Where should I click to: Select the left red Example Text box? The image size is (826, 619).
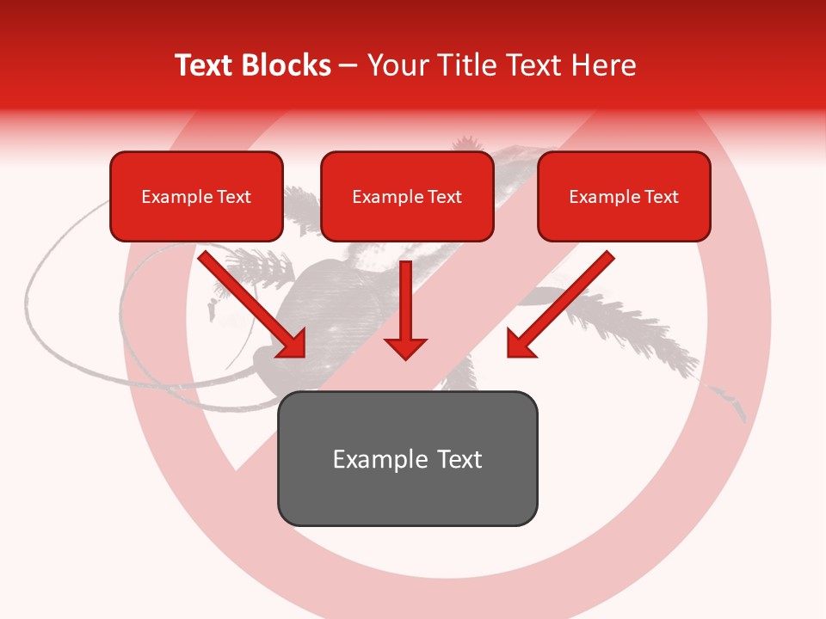(196, 196)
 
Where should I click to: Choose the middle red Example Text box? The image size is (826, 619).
(407, 196)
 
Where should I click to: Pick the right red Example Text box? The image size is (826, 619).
(624, 196)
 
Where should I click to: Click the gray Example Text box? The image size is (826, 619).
(407, 458)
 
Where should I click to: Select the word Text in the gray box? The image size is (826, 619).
(459, 459)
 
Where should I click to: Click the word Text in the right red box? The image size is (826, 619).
(661, 197)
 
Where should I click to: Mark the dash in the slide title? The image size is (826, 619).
(348, 65)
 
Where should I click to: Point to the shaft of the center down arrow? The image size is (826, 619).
(405, 297)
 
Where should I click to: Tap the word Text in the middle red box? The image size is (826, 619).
(444, 197)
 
